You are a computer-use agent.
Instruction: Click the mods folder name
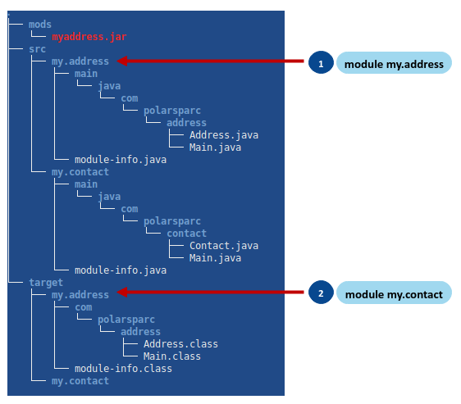39,25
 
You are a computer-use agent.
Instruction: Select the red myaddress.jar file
89,37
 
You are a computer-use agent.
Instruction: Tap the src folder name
36,49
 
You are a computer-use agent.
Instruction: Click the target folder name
45,283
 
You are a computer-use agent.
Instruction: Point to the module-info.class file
123,369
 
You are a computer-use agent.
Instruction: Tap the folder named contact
186,234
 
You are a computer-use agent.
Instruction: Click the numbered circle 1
321,64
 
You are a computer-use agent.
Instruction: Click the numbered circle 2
321,293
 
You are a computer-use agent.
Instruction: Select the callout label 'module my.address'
394,64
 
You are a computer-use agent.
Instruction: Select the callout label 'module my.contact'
394,293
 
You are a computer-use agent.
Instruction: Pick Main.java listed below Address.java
215,148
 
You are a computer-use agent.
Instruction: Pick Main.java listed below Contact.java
215,258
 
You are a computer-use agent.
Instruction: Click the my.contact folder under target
80,381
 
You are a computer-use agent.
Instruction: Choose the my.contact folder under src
80,172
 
